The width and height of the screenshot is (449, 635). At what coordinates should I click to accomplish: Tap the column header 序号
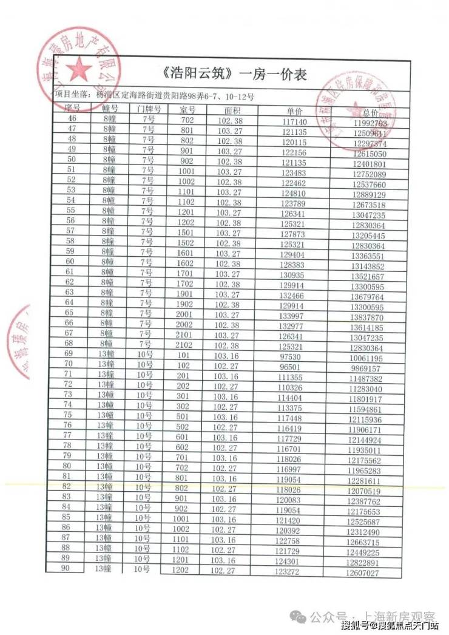coord(73,107)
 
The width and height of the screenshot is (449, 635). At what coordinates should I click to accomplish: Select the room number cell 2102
coord(186,346)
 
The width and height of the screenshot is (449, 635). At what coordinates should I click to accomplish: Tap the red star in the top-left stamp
coord(78,70)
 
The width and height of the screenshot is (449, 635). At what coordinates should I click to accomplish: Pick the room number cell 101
coord(184,356)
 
